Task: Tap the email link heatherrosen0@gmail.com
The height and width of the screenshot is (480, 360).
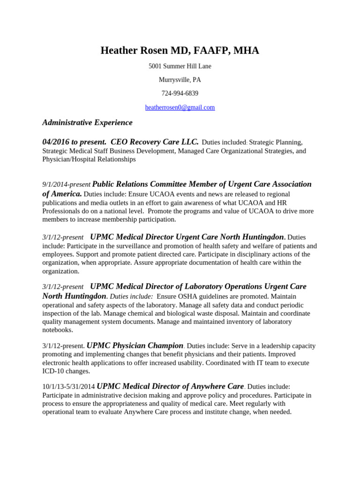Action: (180, 107)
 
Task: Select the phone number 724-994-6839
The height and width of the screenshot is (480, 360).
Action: (180, 94)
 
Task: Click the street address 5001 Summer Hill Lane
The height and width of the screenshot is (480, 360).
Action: (180, 67)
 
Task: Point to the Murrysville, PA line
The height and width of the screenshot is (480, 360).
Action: (180, 80)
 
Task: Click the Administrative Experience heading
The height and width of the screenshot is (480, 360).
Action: (87, 123)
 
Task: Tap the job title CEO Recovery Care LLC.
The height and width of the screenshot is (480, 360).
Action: (155, 142)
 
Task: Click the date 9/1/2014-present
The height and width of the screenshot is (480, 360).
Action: (66, 185)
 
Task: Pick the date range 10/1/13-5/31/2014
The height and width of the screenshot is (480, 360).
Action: (68, 387)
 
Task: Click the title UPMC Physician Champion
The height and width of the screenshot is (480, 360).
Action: (135, 346)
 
